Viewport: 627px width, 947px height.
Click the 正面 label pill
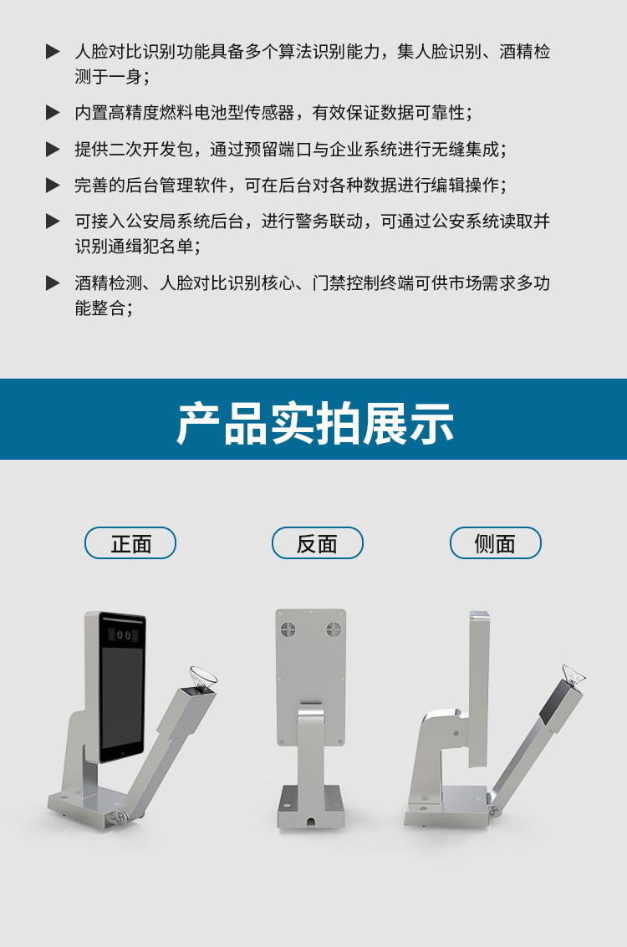[x=130, y=543]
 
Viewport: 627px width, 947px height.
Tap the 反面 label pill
[x=317, y=543]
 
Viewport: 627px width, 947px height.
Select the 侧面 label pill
[x=495, y=543]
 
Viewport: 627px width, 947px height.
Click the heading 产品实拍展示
[x=314, y=424]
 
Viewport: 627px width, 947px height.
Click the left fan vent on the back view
[x=288, y=630]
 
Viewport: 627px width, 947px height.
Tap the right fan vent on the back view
[x=334, y=630]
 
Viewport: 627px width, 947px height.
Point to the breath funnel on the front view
[x=203, y=677]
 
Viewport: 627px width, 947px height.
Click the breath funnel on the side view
[x=573, y=675]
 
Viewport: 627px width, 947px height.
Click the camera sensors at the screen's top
[x=123, y=634]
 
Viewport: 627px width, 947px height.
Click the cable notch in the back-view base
[x=310, y=822]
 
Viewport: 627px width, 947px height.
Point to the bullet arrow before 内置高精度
[x=54, y=112]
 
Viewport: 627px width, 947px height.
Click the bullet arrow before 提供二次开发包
[x=54, y=149]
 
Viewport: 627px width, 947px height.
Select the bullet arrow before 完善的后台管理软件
[x=54, y=185]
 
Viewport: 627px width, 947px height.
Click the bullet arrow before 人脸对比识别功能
[x=54, y=51]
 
